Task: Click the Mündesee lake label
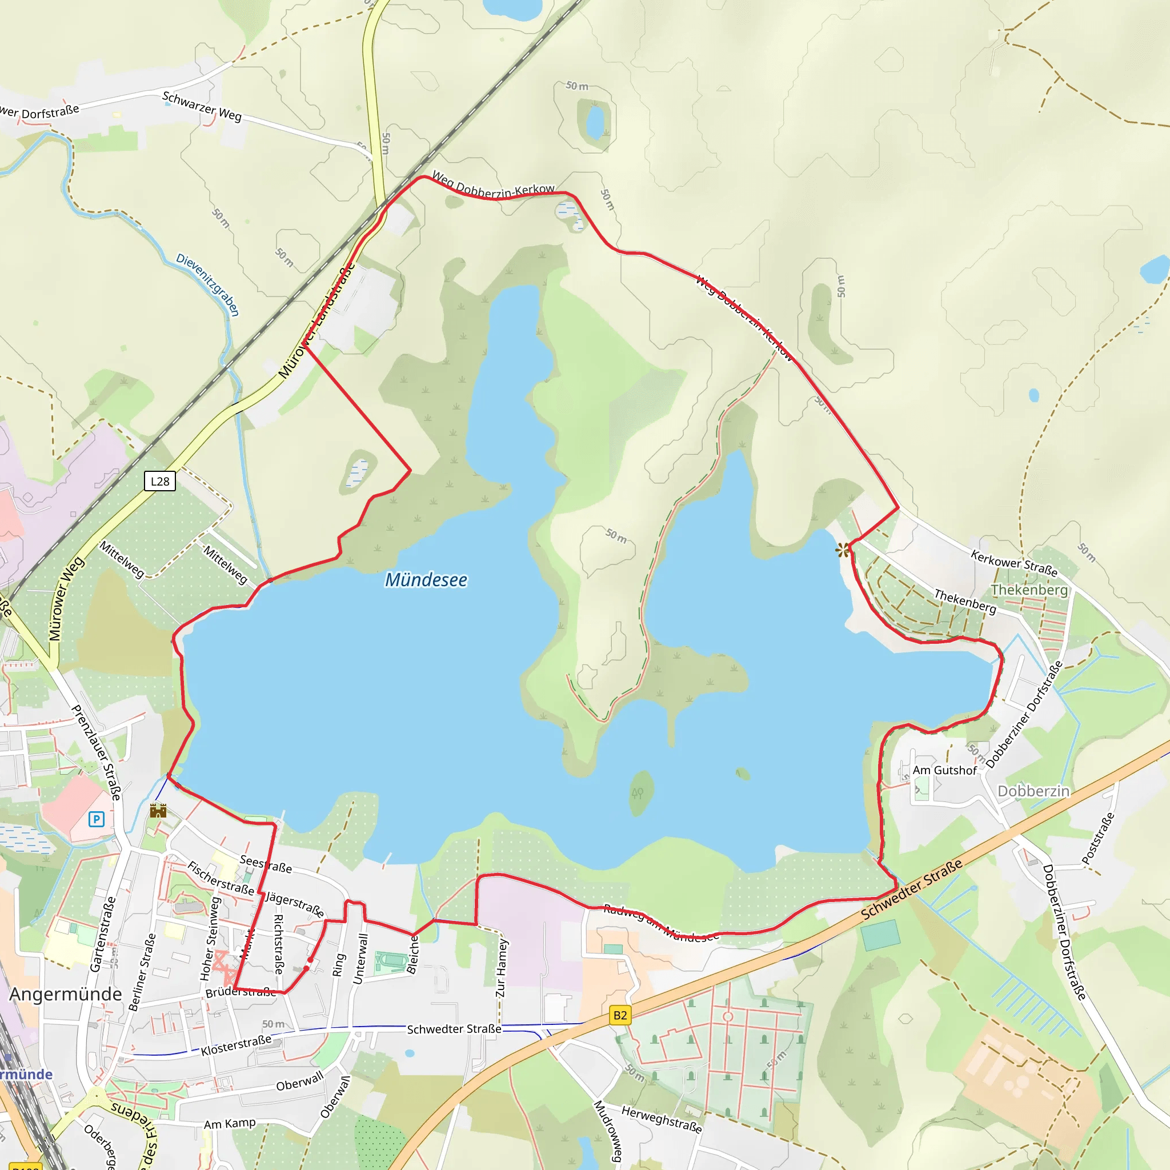[x=426, y=580]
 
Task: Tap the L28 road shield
[x=160, y=482]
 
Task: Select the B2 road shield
[x=620, y=1016]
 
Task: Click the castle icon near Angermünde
[x=158, y=811]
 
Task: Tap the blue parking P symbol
[x=97, y=819]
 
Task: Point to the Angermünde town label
[x=65, y=995]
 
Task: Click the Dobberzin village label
[x=1033, y=791]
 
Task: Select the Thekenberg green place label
[x=1029, y=590]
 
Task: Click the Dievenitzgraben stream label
[x=208, y=285]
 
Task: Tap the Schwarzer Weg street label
[x=202, y=107]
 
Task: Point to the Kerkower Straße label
[x=1014, y=563]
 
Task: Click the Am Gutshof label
[x=945, y=770]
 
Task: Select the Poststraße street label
[x=1098, y=839]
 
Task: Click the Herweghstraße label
[x=662, y=1120]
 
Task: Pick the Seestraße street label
[x=266, y=864]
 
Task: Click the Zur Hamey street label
[x=501, y=968]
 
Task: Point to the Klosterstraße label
[x=236, y=1045]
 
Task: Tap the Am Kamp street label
[x=230, y=1124]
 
